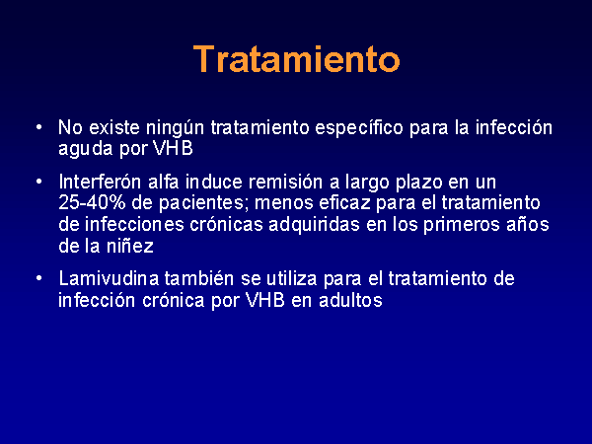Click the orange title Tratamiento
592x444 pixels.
(x=296, y=59)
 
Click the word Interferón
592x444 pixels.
(x=100, y=182)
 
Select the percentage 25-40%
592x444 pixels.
(x=92, y=203)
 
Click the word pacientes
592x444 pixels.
(x=201, y=204)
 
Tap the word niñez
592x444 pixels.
(x=130, y=246)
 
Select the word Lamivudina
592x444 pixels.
(x=109, y=279)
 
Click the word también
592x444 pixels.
(x=199, y=279)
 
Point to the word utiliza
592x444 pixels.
(x=292, y=279)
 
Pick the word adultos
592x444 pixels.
(x=350, y=301)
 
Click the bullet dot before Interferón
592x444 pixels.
(x=39, y=182)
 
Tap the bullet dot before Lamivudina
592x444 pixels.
(x=39, y=279)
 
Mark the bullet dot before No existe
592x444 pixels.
(x=39, y=127)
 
